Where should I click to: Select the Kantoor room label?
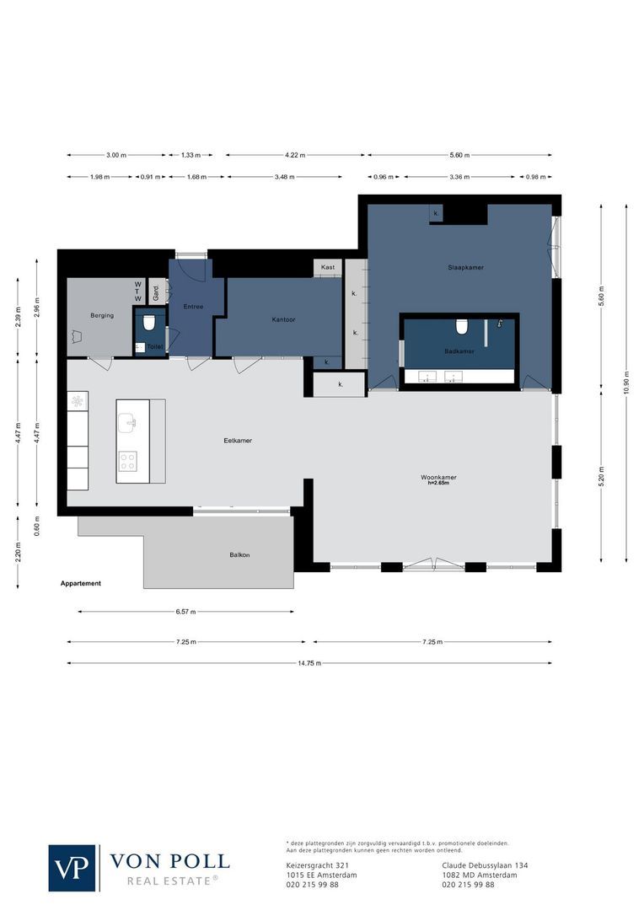(283, 319)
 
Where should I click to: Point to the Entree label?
(193, 307)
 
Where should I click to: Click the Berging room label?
(102, 315)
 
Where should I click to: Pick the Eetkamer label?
(238, 441)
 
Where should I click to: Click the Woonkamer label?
(438, 477)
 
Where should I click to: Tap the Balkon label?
(240, 555)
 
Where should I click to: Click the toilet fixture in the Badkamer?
(461, 325)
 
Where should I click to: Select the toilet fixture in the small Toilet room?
(150, 322)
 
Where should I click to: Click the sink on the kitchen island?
(127, 421)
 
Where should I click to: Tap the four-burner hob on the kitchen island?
(127, 460)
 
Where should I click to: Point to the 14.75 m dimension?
(309, 663)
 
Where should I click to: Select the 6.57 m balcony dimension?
(185, 612)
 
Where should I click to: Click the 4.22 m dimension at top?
(295, 155)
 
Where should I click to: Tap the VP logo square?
(72, 868)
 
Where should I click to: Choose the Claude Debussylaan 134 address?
(485, 865)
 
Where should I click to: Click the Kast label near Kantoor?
(327, 267)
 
